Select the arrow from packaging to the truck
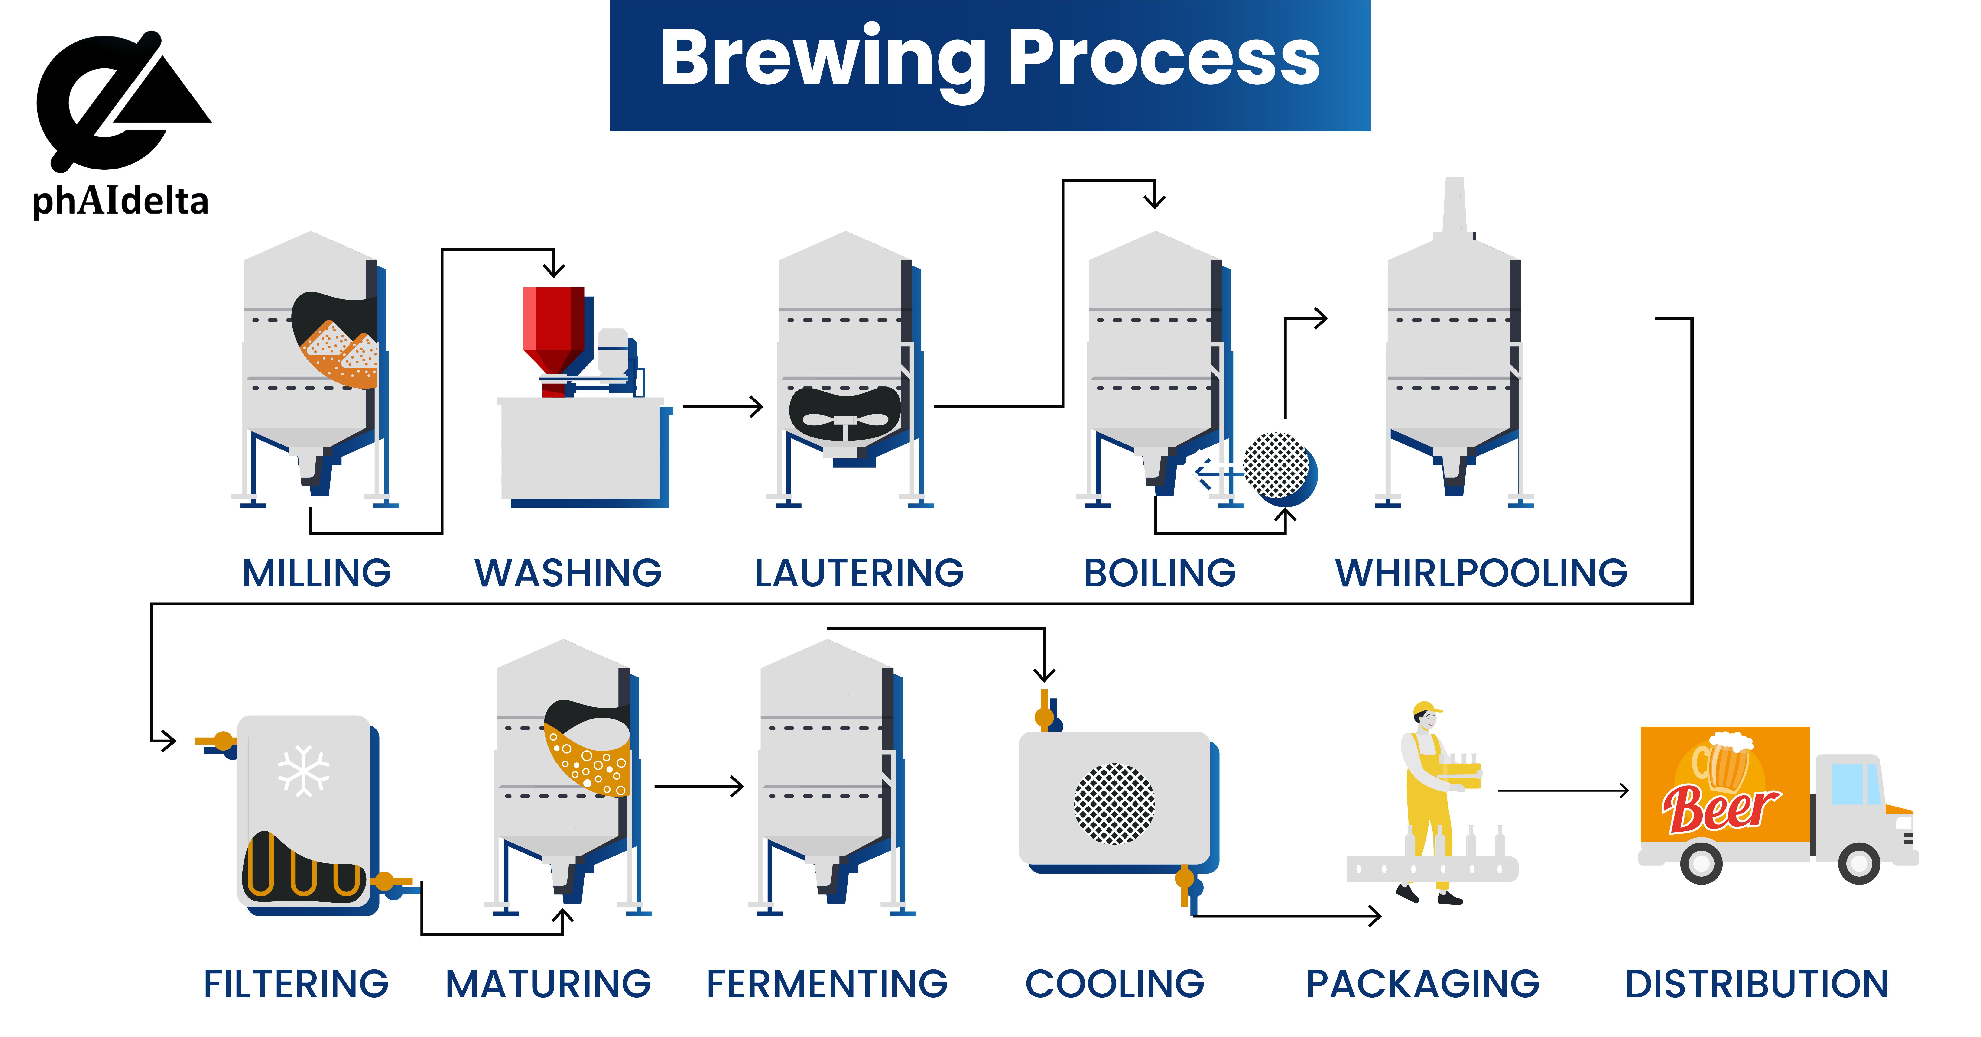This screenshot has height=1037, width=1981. (x=1563, y=790)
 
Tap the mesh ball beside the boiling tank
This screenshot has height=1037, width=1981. (x=1276, y=465)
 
